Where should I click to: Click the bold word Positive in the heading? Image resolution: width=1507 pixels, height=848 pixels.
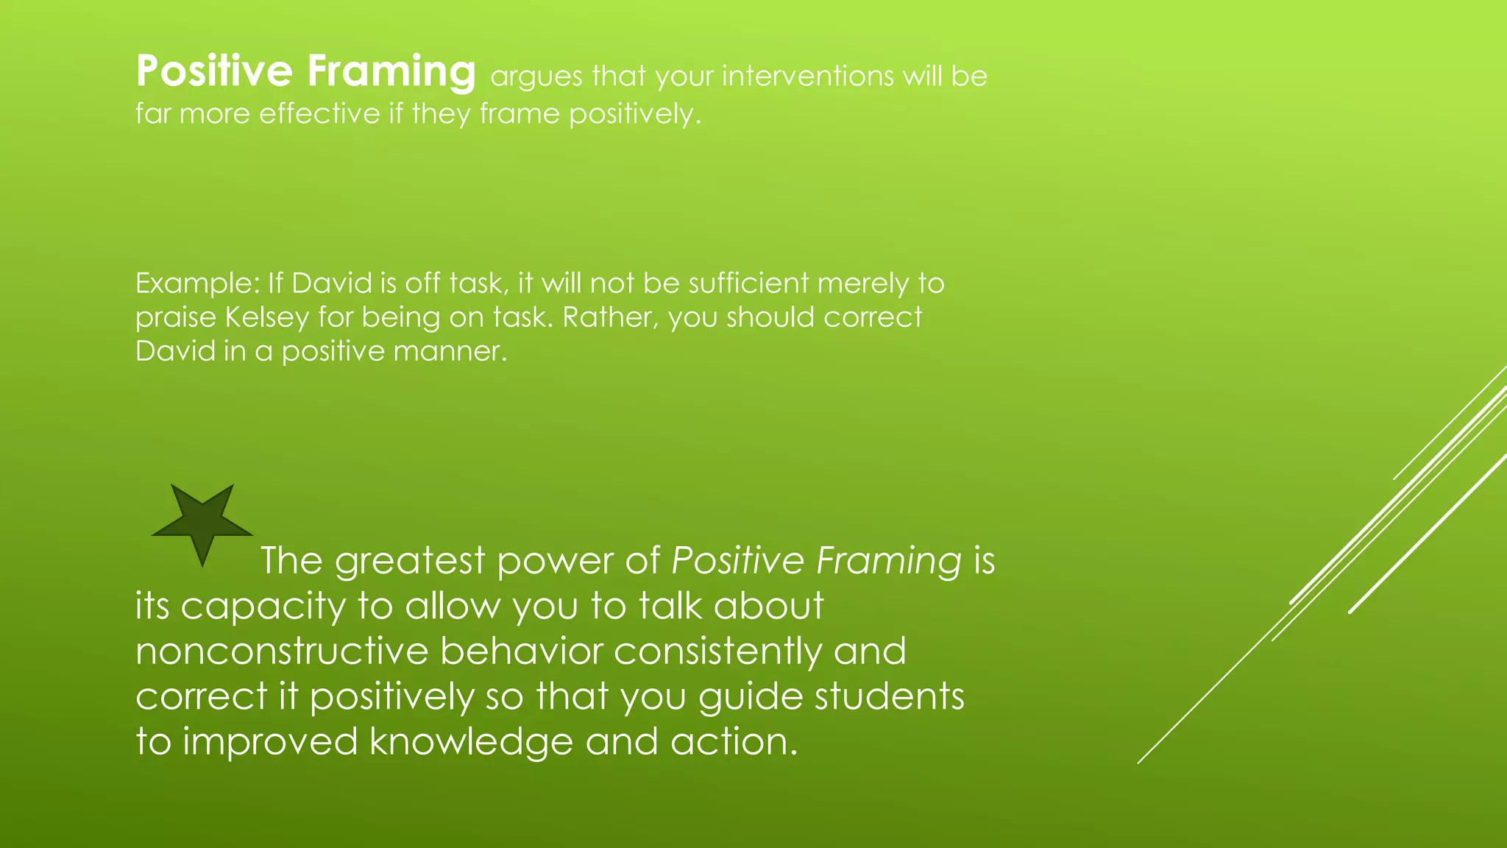[x=214, y=71]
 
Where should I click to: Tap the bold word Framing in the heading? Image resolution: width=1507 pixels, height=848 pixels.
[x=391, y=71]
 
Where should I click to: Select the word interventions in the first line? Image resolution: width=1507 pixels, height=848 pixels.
[x=809, y=76]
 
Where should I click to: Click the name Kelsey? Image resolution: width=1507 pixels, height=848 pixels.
[x=267, y=317]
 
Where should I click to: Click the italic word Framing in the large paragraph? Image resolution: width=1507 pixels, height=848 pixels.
[x=888, y=561]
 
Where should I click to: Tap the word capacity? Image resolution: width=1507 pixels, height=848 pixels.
[x=263, y=607]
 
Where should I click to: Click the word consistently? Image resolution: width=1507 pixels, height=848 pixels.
[x=717, y=651]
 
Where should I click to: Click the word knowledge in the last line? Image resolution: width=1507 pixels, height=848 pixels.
[x=470, y=742]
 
